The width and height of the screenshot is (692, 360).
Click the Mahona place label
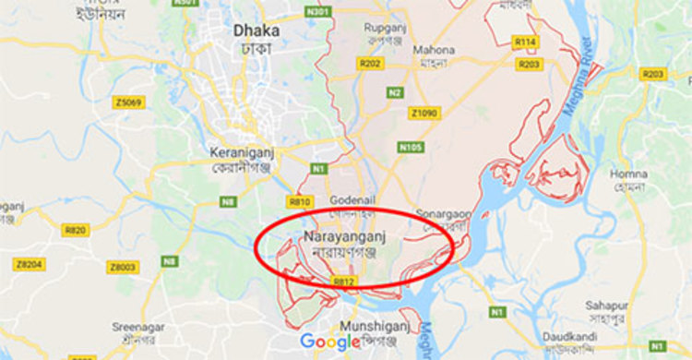(433, 50)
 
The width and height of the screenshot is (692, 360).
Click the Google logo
(329, 342)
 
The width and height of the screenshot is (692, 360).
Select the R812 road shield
(344, 282)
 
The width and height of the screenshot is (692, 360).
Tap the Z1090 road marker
(425, 113)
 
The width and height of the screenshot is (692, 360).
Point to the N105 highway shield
(411, 147)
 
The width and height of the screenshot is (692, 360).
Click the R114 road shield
(526, 42)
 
